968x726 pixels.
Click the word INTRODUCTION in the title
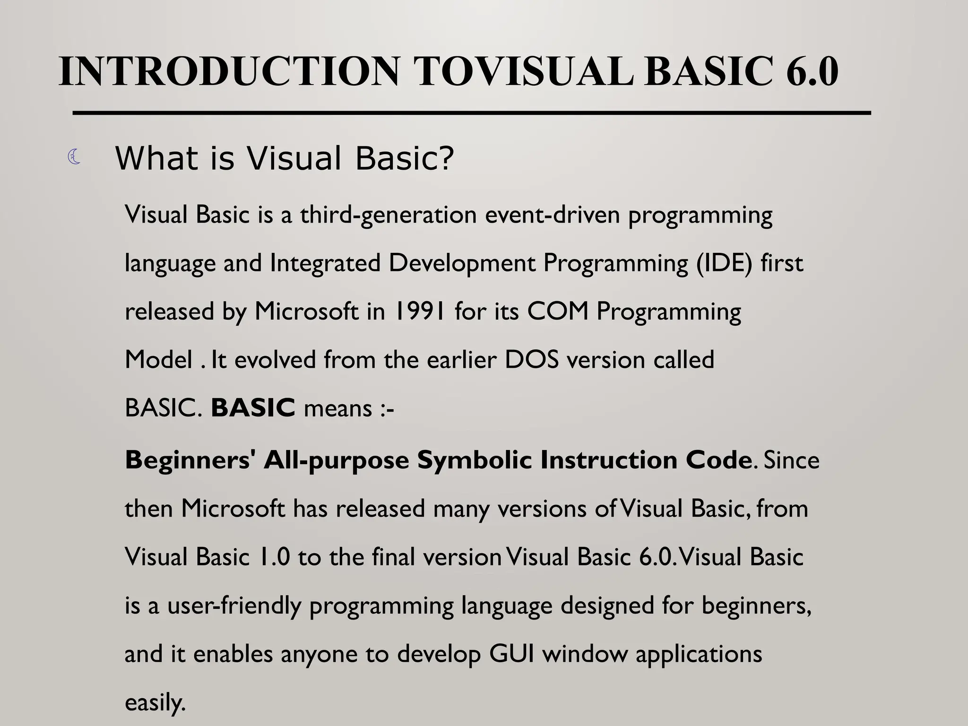229,72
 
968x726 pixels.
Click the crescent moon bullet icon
74,157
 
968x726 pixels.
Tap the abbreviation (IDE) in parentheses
724,263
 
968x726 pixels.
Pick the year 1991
420,311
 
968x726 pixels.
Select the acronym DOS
532,360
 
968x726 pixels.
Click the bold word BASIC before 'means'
253,408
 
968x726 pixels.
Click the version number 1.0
274,557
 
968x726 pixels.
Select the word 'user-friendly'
234,606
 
